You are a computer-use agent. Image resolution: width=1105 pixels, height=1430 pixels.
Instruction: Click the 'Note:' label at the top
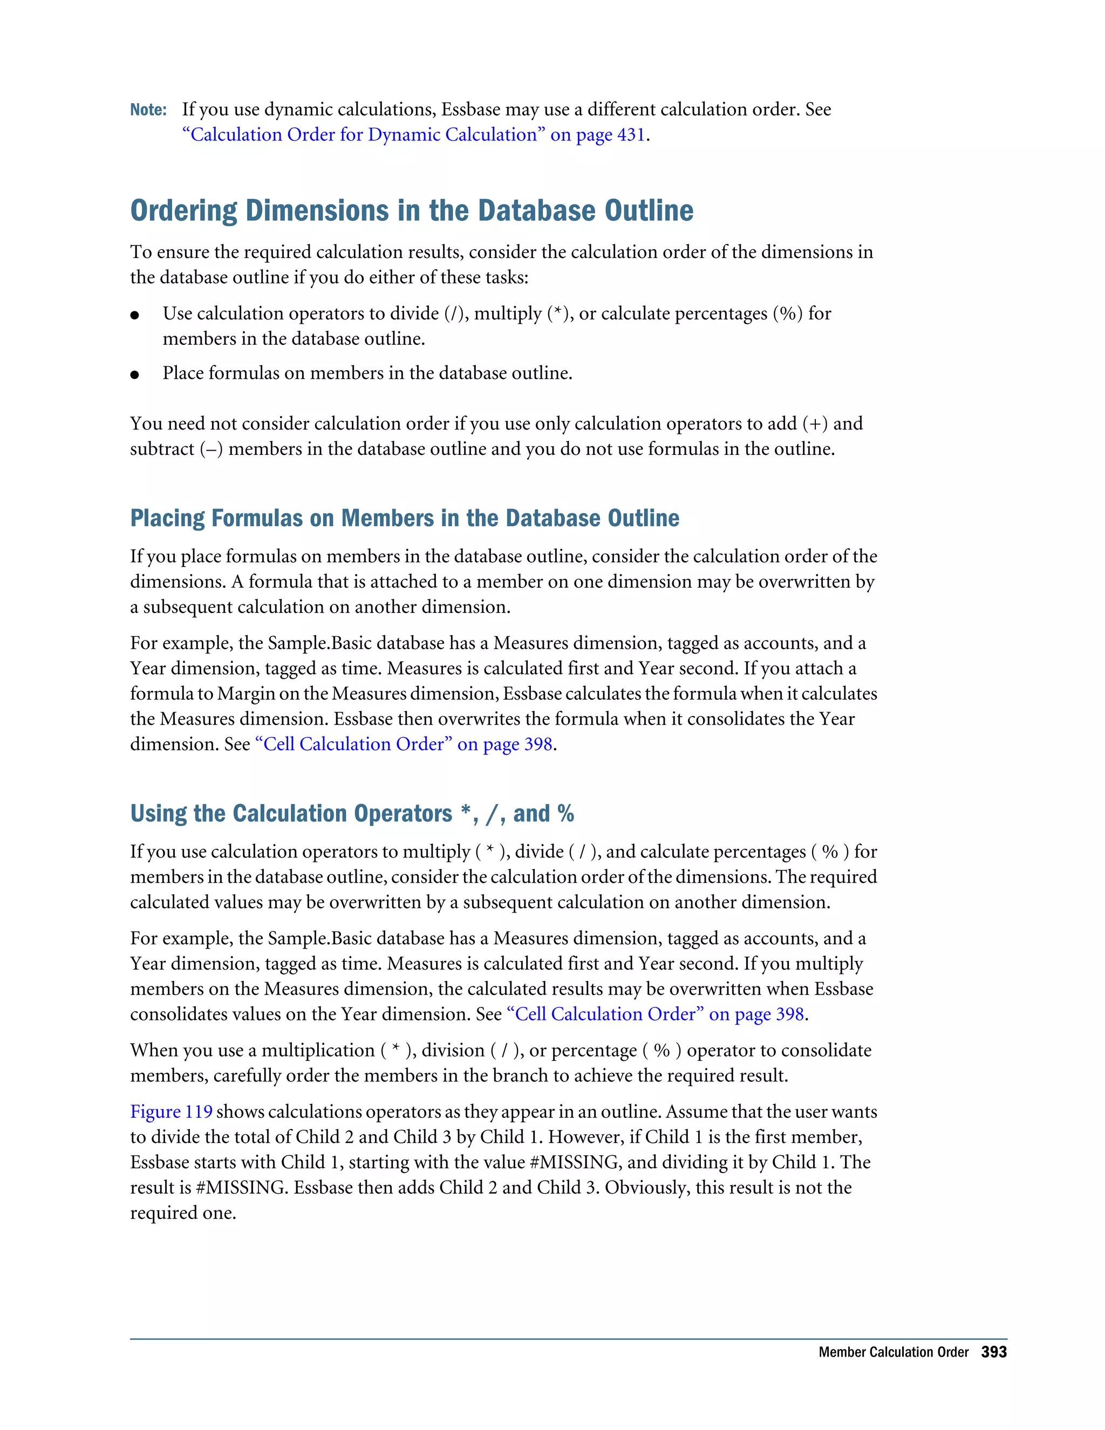click(x=148, y=110)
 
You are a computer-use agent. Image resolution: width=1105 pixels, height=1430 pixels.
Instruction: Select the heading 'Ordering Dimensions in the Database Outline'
click(x=411, y=211)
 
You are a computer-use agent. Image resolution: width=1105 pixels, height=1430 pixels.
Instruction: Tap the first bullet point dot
click(x=135, y=316)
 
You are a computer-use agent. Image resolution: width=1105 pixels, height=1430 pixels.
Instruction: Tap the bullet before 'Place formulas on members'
click(x=135, y=375)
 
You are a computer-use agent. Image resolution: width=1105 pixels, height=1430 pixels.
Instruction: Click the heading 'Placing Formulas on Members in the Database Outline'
click(x=405, y=518)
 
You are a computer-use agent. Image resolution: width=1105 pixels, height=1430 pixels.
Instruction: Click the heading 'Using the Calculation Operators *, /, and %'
click(x=352, y=813)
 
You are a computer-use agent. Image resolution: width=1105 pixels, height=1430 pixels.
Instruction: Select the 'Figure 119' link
click(x=171, y=1112)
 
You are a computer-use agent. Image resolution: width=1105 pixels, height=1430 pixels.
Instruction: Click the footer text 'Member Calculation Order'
click(x=893, y=1352)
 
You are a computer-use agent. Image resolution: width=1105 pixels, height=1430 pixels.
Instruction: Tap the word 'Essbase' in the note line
click(x=470, y=110)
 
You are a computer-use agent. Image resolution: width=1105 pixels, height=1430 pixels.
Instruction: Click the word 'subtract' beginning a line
click(x=162, y=449)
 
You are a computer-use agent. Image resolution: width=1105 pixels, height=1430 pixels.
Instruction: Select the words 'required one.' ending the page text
click(x=183, y=1213)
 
